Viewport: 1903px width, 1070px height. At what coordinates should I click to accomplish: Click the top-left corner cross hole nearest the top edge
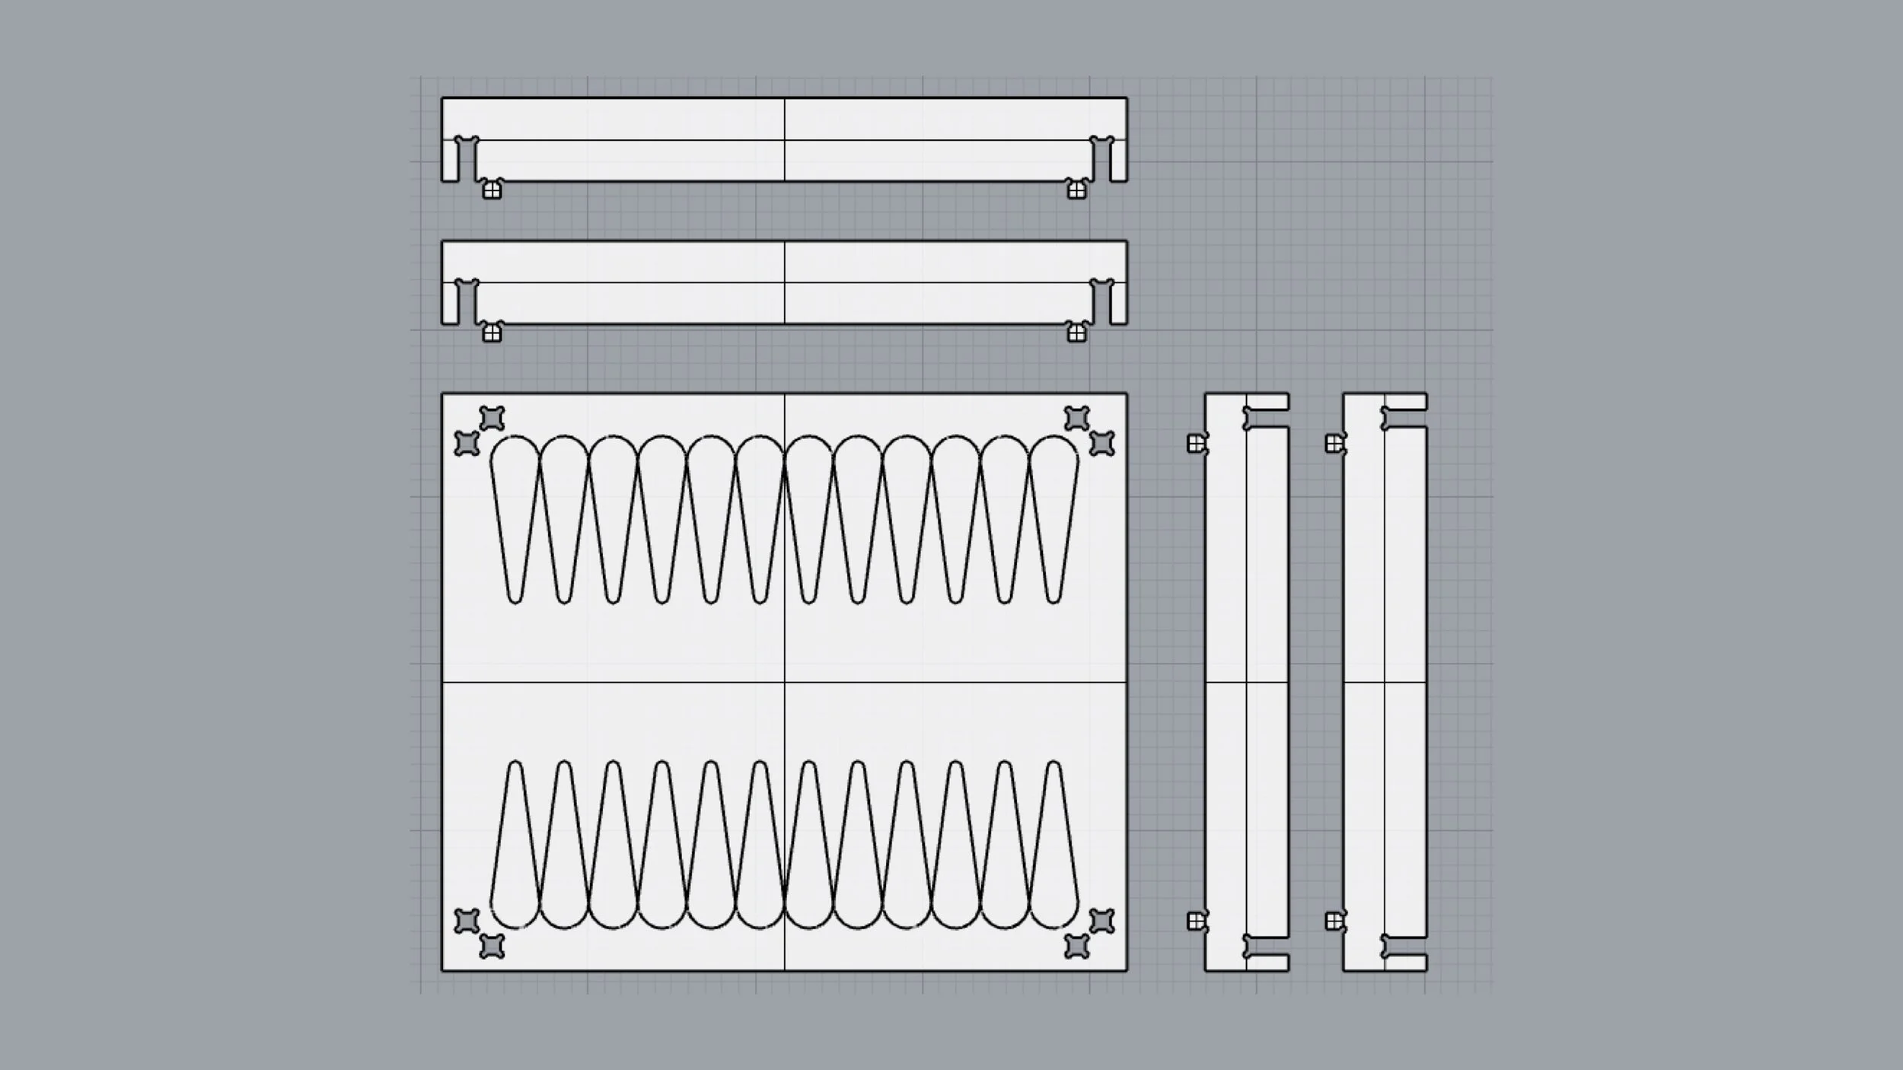[x=492, y=418]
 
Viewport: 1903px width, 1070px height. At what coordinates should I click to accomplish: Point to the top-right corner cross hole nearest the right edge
[x=1101, y=443]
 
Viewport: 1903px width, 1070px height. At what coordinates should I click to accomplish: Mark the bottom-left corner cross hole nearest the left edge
[x=467, y=921]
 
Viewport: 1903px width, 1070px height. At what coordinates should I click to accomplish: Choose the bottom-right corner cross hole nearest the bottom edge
[x=1076, y=946]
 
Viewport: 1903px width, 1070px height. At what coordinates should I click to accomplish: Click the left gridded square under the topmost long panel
[x=492, y=190]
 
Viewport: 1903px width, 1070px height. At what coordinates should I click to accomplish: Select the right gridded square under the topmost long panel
[x=1076, y=190]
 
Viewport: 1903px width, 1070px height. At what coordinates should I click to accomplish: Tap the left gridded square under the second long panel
[x=492, y=333]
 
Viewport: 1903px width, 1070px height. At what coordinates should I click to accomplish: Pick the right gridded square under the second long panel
[x=1076, y=333]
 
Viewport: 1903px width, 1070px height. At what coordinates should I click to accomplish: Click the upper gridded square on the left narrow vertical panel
[x=1196, y=443]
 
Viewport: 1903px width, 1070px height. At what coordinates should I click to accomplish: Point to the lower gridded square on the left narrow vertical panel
[x=1196, y=922]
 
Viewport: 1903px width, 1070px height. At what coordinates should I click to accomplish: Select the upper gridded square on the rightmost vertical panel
[x=1334, y=443]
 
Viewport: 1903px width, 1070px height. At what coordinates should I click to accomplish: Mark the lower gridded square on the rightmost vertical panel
[x=1334, y=922]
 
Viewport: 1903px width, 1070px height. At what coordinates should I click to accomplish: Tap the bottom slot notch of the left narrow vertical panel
[x=1267, y=946]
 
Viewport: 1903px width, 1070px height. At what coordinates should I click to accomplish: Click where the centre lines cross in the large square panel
[x=785, y=683]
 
